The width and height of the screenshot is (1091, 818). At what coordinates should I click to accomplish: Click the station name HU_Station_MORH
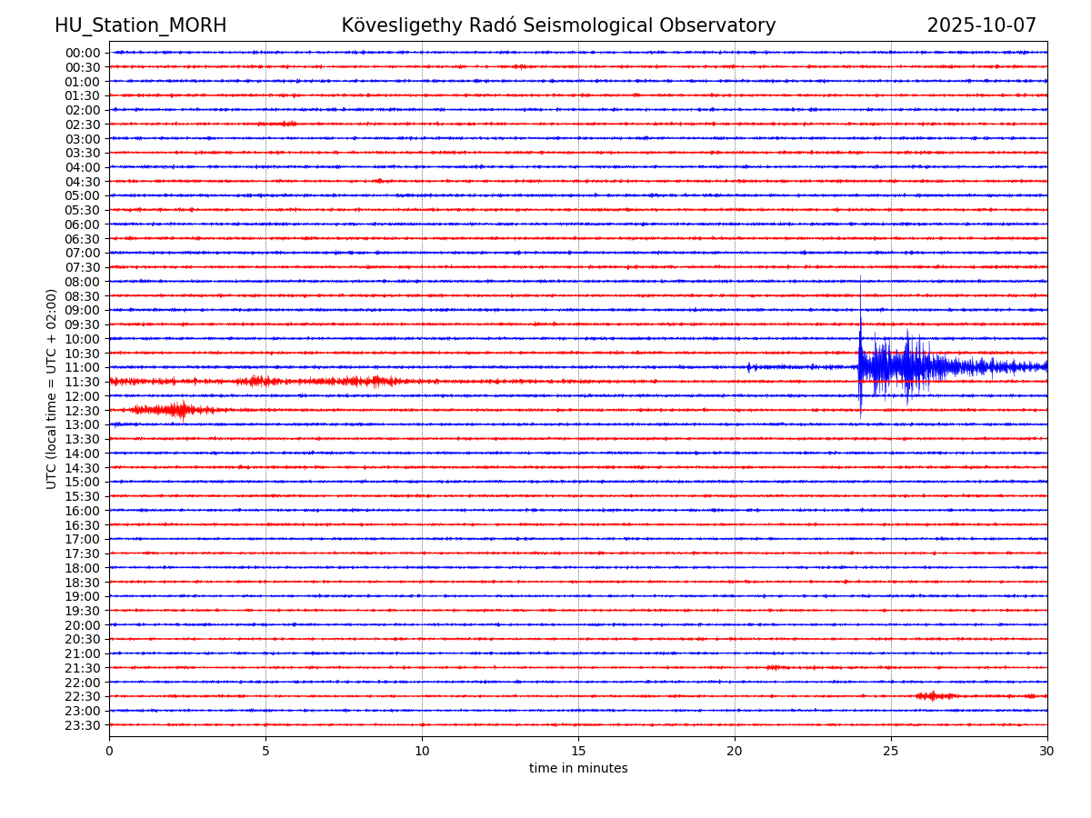tap(140, 25)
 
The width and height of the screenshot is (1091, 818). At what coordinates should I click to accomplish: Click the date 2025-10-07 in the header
tap(981, 25)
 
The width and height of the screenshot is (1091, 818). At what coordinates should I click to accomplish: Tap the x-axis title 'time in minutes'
tap(578, 768)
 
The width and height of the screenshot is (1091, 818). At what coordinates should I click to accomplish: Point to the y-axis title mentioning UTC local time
tap(52, 389)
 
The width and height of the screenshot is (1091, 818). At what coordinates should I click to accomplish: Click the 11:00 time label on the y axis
tap(82, 367)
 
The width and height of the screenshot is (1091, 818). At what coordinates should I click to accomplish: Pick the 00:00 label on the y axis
tap(82, 53)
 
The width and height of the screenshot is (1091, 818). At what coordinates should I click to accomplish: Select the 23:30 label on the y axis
tap(82, 725)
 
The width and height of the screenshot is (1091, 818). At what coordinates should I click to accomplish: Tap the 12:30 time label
tap(82, 411)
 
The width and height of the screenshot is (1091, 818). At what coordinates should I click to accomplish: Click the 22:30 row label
tap(82, 696)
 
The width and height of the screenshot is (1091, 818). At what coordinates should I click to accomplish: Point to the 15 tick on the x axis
tap(578, 751)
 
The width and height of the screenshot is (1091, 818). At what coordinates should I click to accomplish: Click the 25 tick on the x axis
tap(891, 751)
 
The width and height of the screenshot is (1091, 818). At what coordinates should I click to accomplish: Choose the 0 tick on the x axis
tap(109, 751)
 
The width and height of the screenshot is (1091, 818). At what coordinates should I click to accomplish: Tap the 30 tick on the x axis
tap(1047, 751)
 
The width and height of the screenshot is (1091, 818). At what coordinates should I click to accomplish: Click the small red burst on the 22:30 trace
tap(933, 696)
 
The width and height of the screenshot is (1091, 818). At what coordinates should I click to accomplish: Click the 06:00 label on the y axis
tap(82, 224)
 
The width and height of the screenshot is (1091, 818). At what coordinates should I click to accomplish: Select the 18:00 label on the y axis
tap(82, 568)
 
